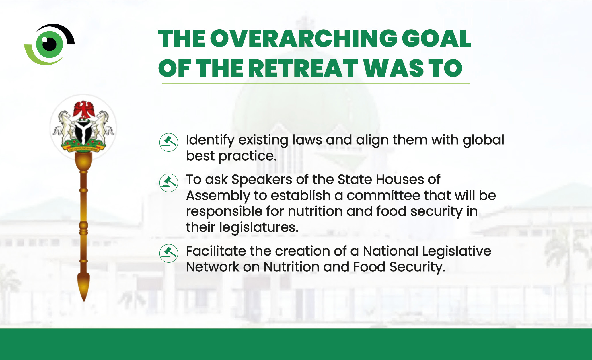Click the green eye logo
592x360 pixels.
50,44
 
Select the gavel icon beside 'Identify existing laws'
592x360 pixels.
169,142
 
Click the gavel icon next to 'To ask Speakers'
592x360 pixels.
169,183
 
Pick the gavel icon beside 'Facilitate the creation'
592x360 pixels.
169,253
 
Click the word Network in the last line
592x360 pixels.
212,267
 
